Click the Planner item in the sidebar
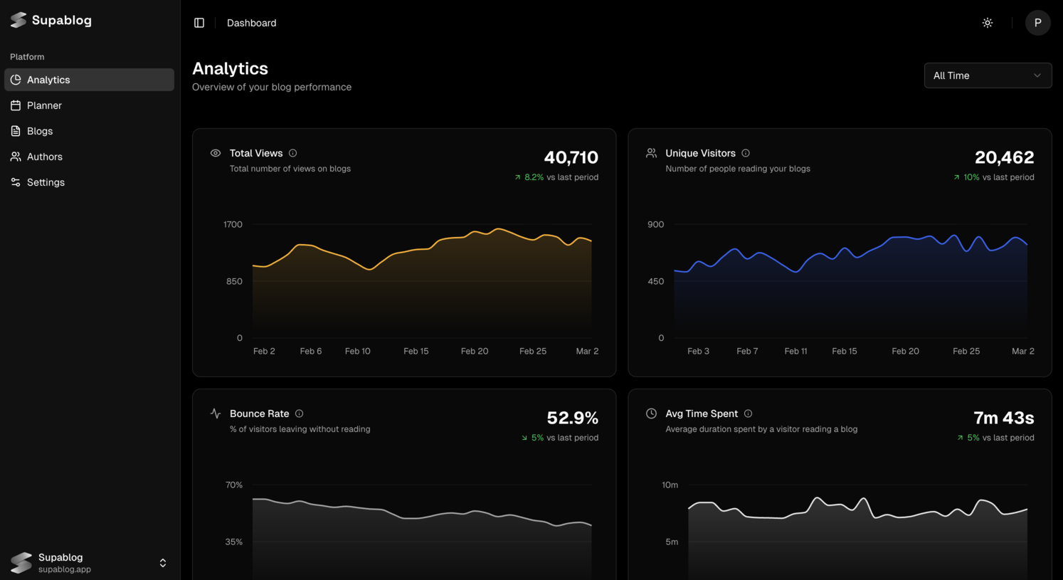tap(44, 105)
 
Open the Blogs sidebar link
tap(40, 131)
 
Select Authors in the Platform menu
tap(44, 157)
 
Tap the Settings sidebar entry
tap(46, 182)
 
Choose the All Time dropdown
tap(988, 75)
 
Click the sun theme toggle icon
tap(988, 23)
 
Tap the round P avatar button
tap(1037, 23)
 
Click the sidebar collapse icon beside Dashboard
tap(199, 23)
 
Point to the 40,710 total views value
tap(571, 157)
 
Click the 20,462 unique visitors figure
tap(1004, 157)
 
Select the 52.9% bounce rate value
tap(572, 418)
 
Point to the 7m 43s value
tap(1003, 418)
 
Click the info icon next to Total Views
tap(292, 153)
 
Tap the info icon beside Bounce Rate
tap(299, 413)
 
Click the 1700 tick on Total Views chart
tap(233, 224)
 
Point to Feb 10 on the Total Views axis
tap(357, 351)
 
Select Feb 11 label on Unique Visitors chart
tap(795, 351)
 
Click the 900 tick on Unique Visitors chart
tap(655, 224)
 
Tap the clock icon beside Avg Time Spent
tap(651, 413)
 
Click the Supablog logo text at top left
tap(61, 20)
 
